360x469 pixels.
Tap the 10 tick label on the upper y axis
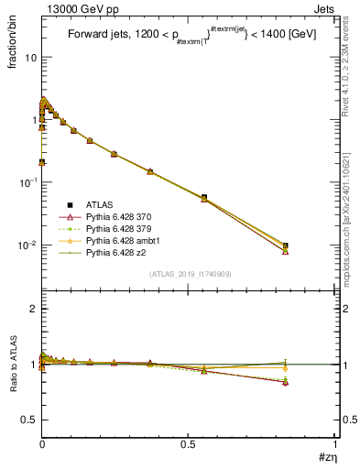(x=29, y=57)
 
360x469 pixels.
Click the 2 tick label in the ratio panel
(x=33, y=309)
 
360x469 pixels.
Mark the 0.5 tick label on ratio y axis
(x=27, y=420)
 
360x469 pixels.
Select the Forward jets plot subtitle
(x=189, y=36)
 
